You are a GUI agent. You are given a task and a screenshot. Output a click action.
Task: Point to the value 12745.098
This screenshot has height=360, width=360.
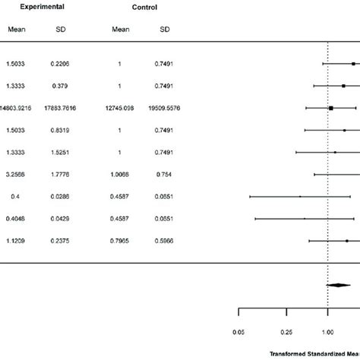118,109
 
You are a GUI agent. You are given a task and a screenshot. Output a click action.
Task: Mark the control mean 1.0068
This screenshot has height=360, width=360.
118,175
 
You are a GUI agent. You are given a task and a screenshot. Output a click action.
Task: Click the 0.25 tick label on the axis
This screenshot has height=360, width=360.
286,332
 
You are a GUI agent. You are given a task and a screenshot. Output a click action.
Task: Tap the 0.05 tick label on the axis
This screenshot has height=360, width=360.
239,332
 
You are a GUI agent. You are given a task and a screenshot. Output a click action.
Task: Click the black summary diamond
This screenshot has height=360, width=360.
338,286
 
